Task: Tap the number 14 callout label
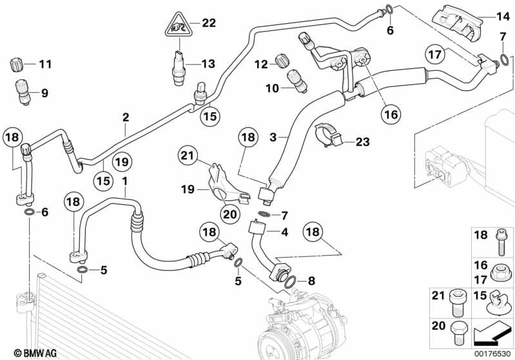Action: (503, 16)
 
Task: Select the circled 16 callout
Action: (391, 115)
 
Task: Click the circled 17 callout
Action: (435, 54)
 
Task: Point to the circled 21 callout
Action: (188, 155)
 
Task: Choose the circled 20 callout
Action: (230, 214)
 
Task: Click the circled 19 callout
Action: (122, 162)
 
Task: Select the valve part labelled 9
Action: (23, 92)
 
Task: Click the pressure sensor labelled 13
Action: (179, 68)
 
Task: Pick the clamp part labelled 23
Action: (329, 137)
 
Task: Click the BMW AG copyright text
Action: (35, 353)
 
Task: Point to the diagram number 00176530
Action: (492, 354)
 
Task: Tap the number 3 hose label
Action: (273, 137)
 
